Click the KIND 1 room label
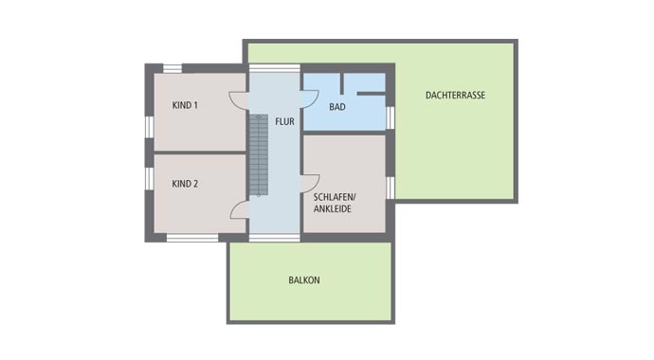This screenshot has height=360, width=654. coord(185,105)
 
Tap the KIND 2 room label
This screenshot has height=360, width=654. coord(185,184)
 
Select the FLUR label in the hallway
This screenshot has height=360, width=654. coord(284,121)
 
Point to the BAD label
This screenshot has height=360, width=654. coord(337,107)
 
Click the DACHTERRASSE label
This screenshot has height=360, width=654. coord(455,95)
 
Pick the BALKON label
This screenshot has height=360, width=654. coord(304,280)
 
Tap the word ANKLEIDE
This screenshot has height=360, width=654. coord(333,208)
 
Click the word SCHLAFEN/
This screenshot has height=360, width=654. coord(334,197)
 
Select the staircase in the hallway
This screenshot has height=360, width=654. coord(259,155)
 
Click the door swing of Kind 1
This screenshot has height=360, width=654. coord(239,100)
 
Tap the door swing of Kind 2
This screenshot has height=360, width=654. coord(240,209)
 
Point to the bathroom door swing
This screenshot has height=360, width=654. coord(310,99)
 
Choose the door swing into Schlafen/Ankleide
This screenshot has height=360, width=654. coord(310,184)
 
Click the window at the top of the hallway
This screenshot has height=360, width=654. coord(275,68)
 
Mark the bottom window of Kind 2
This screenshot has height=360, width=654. coord(192,238)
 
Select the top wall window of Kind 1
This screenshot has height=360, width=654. coord(173,68)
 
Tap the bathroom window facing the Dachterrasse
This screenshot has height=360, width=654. coord(390,117)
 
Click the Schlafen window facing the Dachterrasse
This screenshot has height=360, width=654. coord(390,188)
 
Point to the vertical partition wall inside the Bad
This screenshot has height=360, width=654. coord(341,83)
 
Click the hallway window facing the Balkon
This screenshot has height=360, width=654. coord(275,238)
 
